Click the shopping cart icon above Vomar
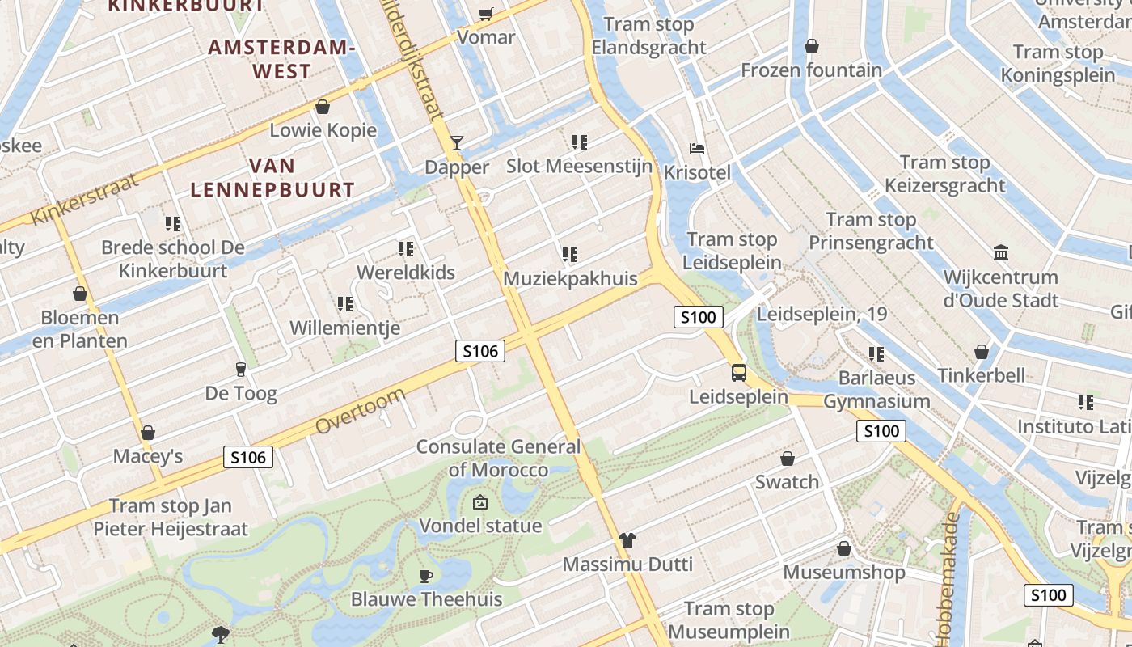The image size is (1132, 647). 485,14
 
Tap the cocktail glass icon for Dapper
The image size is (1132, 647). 457,143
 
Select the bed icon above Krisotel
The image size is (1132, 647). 697,148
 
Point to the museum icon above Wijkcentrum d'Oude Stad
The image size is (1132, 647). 1001,253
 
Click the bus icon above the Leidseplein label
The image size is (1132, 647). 739,372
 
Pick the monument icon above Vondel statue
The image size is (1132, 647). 480,502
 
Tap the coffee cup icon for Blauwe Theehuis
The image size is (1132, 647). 426,576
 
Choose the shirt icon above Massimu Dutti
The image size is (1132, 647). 627,539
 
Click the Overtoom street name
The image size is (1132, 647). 360,411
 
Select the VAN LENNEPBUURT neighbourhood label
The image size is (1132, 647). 272,178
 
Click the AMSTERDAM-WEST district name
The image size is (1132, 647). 281,59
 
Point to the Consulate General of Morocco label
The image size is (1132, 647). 498,458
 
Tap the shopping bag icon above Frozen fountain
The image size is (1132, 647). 811,46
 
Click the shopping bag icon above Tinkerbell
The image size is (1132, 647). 981,352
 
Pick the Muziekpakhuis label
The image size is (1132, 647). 569,278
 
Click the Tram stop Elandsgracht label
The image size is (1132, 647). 648,36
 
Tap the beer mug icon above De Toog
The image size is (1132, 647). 240,370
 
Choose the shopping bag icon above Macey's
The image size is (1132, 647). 147,433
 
